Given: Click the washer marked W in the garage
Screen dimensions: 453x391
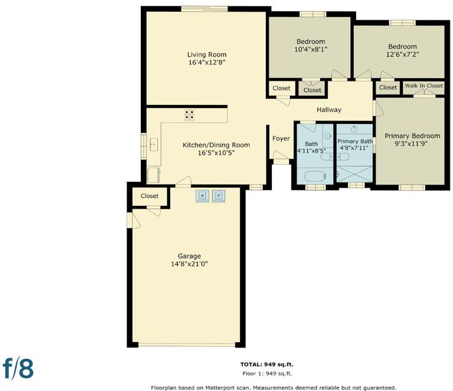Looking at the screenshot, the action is coord(202,196).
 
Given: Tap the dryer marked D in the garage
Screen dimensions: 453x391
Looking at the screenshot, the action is coord(219,196).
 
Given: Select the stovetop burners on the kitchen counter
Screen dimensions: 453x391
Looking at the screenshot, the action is coord(190,115).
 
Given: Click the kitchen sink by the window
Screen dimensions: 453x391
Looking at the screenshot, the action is coord(154,145).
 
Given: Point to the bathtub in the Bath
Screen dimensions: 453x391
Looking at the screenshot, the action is coord(315,175).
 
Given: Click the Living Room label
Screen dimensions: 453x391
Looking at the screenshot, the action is coord(207,55).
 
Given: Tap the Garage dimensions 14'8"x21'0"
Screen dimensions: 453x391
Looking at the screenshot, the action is coord(190,264).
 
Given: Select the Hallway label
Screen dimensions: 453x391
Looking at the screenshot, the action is coord(329,109).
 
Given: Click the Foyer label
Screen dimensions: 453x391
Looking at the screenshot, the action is coord(281,139).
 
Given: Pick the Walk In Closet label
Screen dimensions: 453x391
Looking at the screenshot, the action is coord(424,86).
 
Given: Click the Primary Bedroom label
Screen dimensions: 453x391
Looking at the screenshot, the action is coord(413,136).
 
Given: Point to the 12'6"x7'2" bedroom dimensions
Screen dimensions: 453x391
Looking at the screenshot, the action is coord(402,54).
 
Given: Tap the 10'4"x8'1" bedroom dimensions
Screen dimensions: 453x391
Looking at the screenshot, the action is coord(311,50).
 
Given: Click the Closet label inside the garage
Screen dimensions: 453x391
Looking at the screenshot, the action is coord(150,196).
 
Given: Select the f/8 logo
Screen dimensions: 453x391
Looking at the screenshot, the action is coord(18,368).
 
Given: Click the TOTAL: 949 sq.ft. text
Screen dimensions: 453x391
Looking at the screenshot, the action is coord(267,365).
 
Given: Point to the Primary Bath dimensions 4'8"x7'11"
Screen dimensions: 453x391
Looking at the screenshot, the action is coord(354,148).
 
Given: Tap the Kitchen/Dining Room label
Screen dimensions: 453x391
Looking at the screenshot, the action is coord(216,145).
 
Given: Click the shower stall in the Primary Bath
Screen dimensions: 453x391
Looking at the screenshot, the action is coord(355,174).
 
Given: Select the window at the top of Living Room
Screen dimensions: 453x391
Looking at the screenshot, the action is coord(205,8).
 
